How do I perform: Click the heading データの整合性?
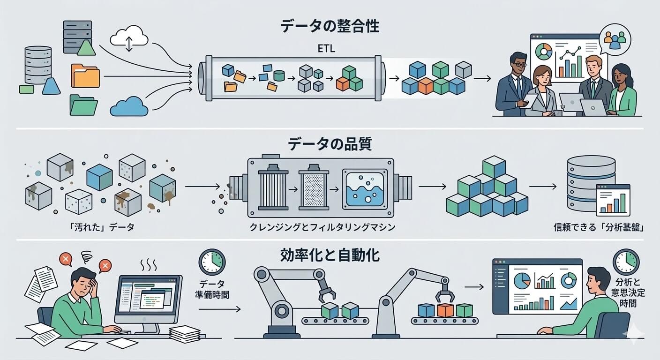coord(330,26)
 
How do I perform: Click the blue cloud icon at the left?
coord(128,106)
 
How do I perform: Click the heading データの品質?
coord(330,144)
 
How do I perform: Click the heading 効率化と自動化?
coord(330,256)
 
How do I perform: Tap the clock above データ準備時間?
coord(212,262)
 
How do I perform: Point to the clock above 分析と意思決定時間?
coord(626,262)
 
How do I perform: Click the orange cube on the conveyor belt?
coord(444,310)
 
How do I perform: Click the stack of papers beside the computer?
coord(184,333)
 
